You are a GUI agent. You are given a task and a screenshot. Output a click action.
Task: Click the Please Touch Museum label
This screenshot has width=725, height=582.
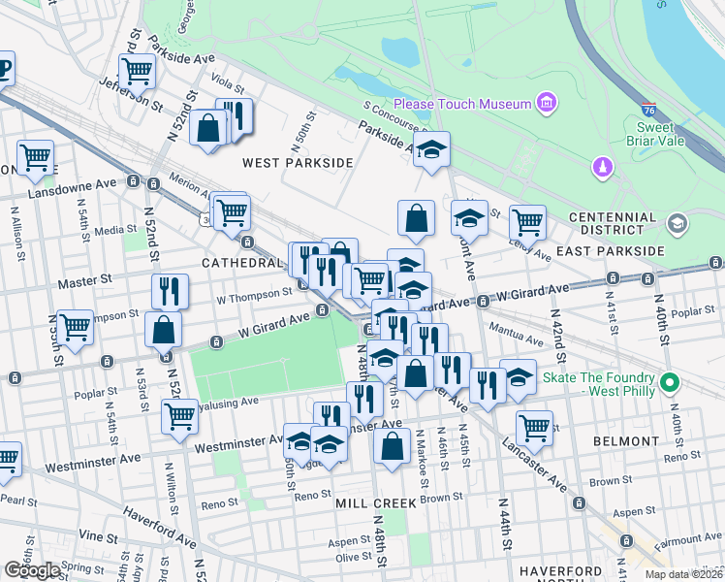461,104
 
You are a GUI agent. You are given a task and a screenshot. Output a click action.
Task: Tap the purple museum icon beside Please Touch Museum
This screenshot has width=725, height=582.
546,103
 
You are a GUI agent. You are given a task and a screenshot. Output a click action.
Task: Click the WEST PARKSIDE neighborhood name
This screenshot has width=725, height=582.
298,163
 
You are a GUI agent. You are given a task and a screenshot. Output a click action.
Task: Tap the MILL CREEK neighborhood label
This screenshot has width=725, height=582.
375,503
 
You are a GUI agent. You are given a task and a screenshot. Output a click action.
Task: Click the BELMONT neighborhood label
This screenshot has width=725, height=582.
621,440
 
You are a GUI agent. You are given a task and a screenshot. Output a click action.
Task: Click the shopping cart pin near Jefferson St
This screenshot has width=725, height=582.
137,71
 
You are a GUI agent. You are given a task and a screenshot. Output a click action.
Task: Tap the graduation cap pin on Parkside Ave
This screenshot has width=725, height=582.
432,149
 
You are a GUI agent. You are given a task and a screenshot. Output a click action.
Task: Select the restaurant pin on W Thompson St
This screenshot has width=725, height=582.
170,290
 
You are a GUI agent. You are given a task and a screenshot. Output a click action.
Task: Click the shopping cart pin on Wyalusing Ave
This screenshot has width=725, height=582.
179,416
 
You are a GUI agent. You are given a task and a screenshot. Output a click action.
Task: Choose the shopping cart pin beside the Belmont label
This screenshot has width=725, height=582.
533,427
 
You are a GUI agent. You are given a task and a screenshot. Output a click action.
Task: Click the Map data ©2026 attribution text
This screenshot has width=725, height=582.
683,574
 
